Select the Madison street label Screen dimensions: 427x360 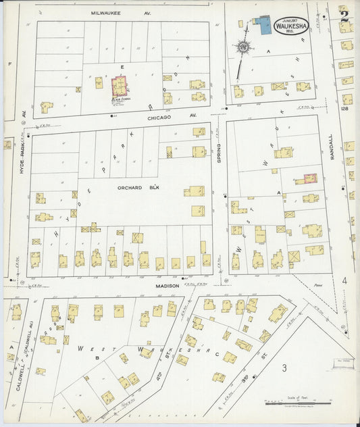(x=168, y=286)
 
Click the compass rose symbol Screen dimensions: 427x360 (x=242, y=47)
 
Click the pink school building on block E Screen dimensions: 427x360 (x=120, y=85)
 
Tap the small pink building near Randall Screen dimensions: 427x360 (x=310, y=178)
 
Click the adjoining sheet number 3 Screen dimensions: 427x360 (x=284, y=368)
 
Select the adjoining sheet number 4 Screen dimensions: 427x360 (x=344, y=280)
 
